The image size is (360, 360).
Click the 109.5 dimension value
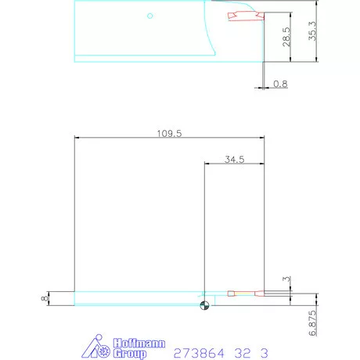pyautogui.click(x=169, y=133)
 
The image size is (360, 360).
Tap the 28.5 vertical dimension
pyautogui.click(x=286, y=37)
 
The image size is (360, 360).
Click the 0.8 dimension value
pyautogui.click(x=280, y=84)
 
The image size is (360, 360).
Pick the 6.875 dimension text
pyautogui.click(x=312, y=322)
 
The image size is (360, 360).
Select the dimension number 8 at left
pyautogui.click(x=45, y=298)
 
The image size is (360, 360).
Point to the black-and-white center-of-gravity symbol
pyautogui.click(x=204, y=305)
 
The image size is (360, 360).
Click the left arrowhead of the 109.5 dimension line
pyautogui.click(x=76, y=139)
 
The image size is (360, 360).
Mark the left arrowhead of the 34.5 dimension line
pyautogui.click(x=207, y=164)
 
